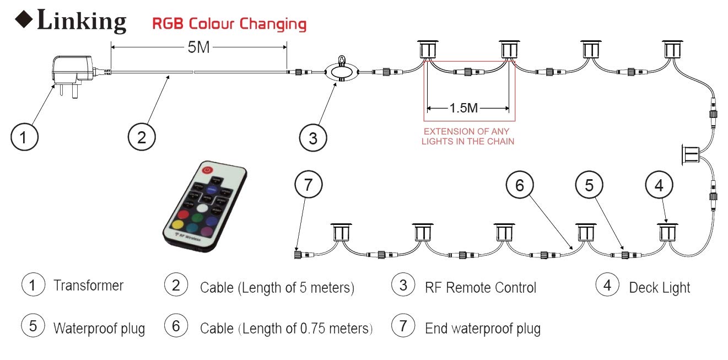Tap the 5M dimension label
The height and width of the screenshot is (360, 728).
pos(198,48)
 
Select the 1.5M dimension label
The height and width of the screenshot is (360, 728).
pos(463,108)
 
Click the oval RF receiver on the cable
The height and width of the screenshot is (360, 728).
pos(341,72)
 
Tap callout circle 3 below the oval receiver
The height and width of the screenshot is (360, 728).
pos(313,137)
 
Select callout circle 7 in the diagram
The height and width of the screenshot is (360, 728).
pos(309,186)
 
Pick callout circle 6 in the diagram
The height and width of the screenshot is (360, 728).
pos(520,186)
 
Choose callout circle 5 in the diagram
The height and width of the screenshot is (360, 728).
pos(589,186)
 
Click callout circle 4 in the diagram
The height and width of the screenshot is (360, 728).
pos(659,186)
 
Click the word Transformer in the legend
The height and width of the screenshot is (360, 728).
pos(88,286)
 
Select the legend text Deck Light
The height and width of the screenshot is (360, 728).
pos(659,287)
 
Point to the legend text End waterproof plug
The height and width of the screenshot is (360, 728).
pos(482,329)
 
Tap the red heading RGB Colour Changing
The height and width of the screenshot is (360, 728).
pos(229,24)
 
